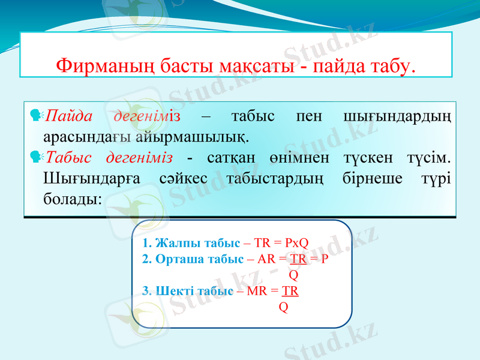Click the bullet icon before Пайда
[35, 115]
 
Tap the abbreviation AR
[266, 259]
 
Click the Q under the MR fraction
[283, 307]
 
